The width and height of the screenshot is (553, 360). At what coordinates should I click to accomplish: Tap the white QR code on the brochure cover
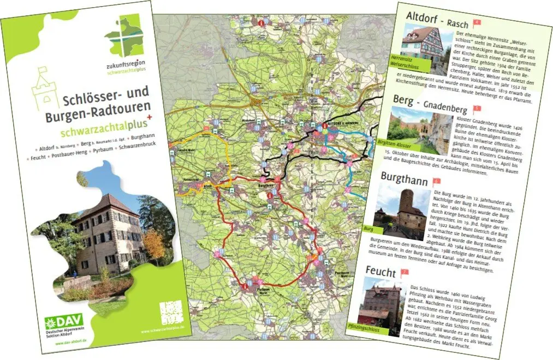click(169, 314)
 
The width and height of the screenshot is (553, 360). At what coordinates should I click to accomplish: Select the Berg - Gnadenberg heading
click(431, 99)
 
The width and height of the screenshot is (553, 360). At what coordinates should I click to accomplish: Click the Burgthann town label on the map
click(264, 185)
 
